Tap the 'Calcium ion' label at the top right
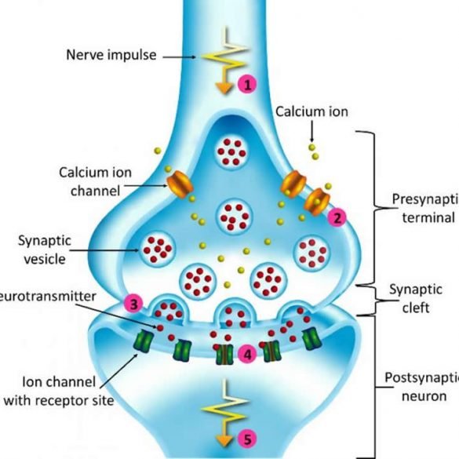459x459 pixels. [x=311, y=112]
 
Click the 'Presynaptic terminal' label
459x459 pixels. [x=424, y=209]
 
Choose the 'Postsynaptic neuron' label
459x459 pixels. [x=421, y=387]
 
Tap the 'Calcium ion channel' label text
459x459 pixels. [x=88, y=180]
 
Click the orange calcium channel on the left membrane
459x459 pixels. [x=179, y=187]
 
